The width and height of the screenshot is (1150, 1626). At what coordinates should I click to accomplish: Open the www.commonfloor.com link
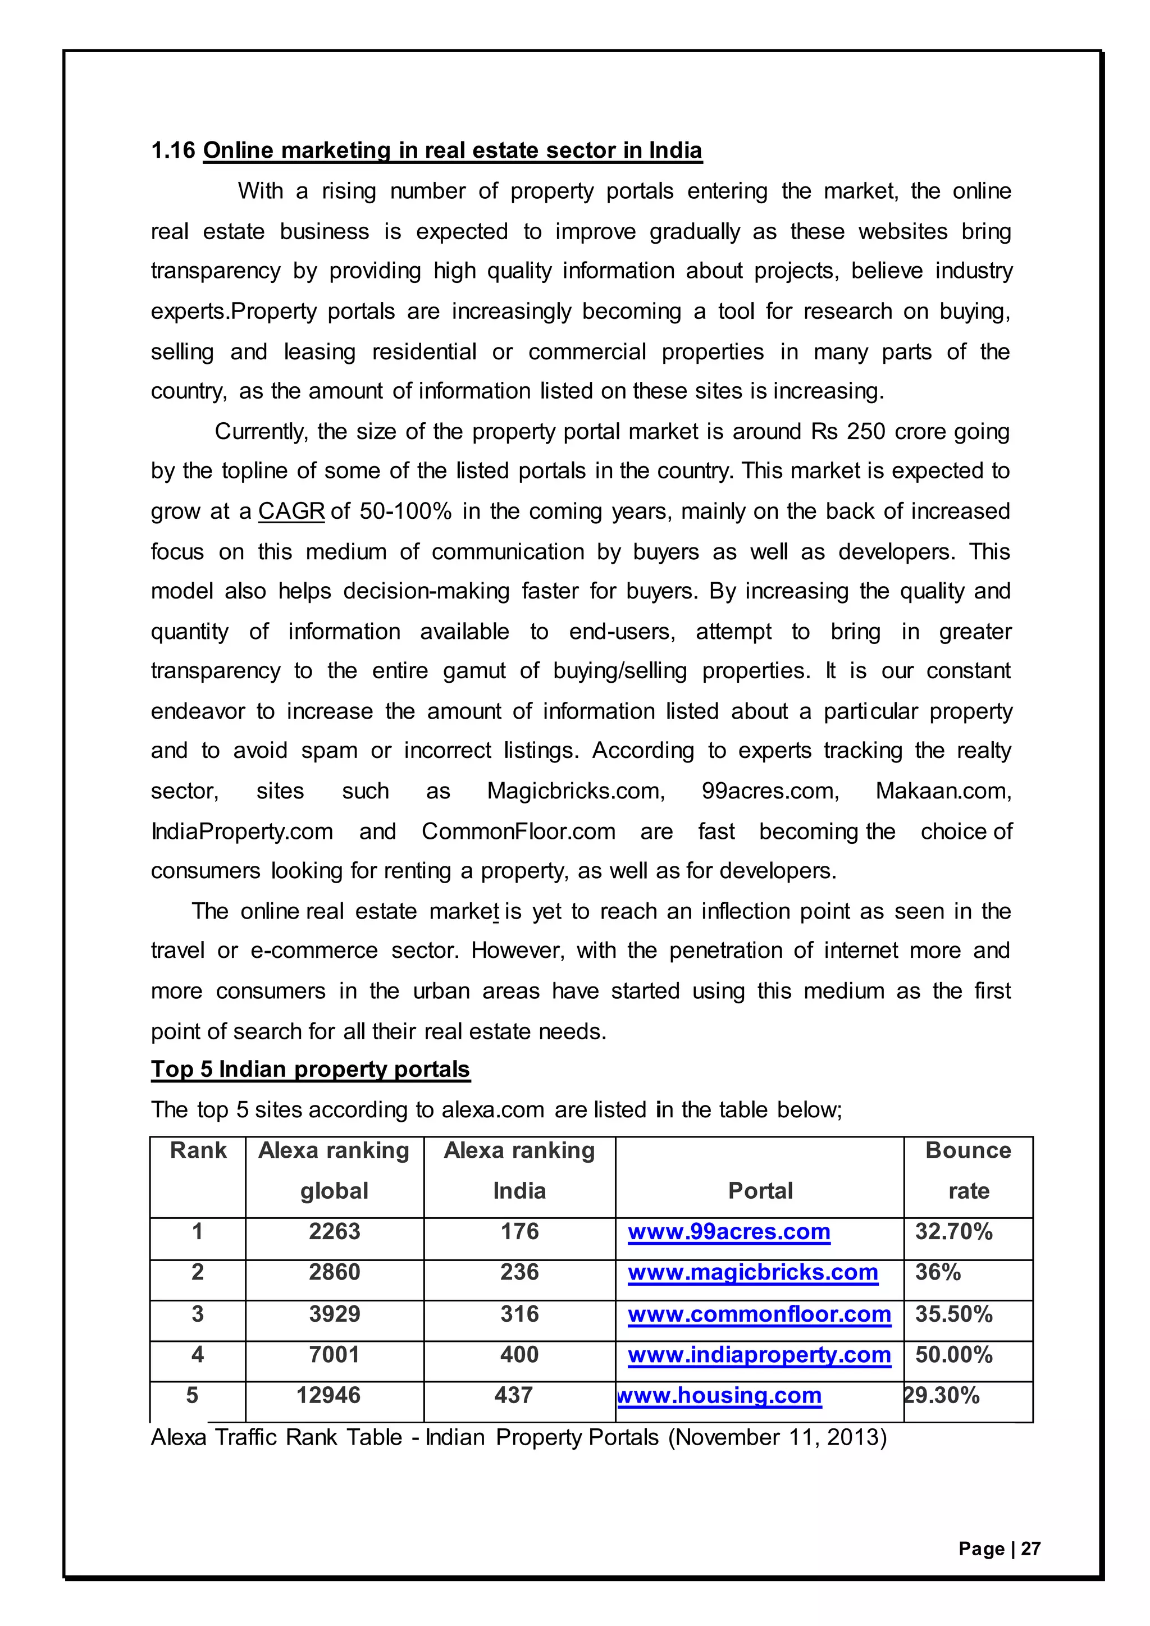click(759, 1314)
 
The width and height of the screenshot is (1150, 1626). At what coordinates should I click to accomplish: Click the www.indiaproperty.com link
click(759, 1354)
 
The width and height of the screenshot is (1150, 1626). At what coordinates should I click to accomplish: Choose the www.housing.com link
click(719, 1395)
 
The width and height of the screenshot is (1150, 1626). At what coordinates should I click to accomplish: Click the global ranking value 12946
click(328, 1395)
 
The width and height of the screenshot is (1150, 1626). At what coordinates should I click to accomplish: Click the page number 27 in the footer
click(1030, 1549)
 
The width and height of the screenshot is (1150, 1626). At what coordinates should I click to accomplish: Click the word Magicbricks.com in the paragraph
click(576, 791)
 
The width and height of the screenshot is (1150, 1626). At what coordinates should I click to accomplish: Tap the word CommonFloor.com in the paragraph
click(518, 831)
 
